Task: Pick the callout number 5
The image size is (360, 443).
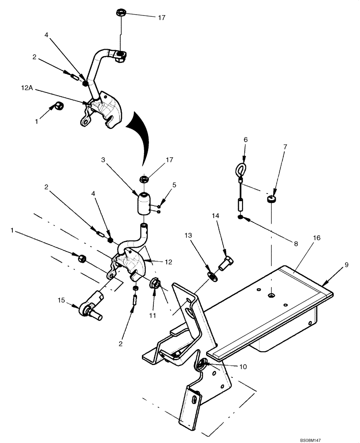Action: point(173,186)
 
